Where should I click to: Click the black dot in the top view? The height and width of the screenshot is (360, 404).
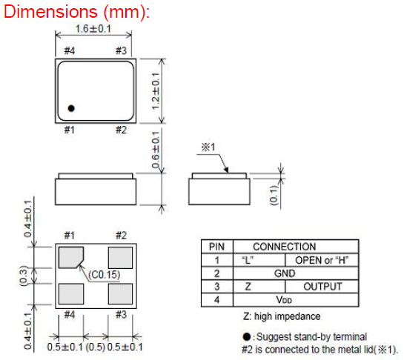71,108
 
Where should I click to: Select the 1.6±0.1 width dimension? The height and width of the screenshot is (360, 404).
93,29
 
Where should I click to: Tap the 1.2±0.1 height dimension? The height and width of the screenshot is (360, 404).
156,91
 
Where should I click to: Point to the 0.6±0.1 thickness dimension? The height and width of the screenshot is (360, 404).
156,150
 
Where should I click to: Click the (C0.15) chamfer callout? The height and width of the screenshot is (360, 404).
105,275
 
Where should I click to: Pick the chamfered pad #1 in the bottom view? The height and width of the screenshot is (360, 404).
70,257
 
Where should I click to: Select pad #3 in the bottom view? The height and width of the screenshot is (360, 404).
120,294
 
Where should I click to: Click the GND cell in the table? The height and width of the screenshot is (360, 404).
285,273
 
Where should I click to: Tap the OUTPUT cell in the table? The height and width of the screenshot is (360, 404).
322,287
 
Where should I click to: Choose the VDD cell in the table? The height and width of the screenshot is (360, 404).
284,300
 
